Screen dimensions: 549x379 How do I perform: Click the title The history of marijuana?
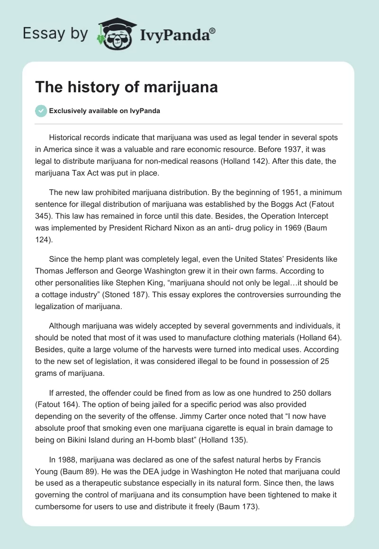[x=126, y=88]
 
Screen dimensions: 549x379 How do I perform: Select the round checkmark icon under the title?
[x=41, y=111]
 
